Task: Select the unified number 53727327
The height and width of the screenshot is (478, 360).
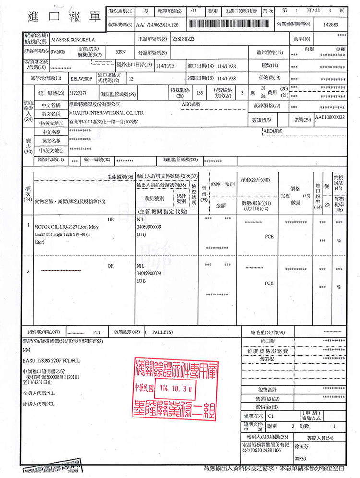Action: [78, 93]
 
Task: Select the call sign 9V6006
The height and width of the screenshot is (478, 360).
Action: [57, 51]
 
